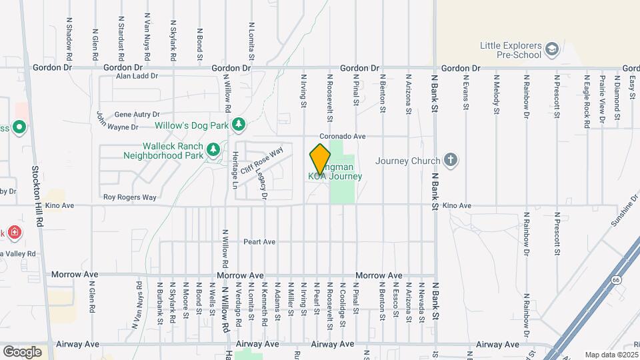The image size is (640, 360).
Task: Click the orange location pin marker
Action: (x=320, y=159)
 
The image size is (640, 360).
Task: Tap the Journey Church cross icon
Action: (x=451, y=160)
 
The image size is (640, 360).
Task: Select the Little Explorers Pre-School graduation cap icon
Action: (x=551, y=49)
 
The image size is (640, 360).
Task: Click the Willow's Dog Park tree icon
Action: (x=238, y=125)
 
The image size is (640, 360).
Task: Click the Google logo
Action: (x=22, y=351)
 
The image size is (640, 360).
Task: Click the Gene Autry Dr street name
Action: (x=137, y=115)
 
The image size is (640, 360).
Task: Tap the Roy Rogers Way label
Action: (x=129, y=197)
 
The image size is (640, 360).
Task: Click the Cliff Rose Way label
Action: (x=262, y=161)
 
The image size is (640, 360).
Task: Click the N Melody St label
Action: (x=496, y=97)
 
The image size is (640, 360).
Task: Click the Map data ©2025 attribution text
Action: (x=610, y=355)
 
